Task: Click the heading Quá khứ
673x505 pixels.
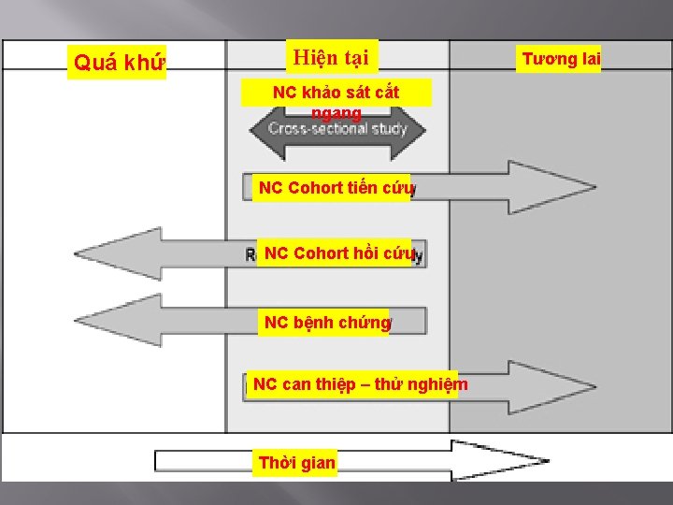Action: [x=118, y=63]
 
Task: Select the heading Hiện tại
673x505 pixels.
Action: [x=330, y=58]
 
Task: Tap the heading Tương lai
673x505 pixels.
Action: [x=561, y=60]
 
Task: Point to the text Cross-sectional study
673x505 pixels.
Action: [x=337, y=128]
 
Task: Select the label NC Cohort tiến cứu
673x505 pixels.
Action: [x=336, y=188]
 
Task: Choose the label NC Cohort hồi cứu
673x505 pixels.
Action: [x=338, y=252]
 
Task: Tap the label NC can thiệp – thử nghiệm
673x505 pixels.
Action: [x=360, y=384]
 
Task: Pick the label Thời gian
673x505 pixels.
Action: [x=296, y=463]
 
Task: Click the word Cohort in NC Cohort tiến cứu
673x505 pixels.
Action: [x=315, y=188]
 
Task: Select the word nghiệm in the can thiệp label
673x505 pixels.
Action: [x=438, y=384]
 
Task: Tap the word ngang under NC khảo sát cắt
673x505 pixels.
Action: [x=336, y=113]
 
